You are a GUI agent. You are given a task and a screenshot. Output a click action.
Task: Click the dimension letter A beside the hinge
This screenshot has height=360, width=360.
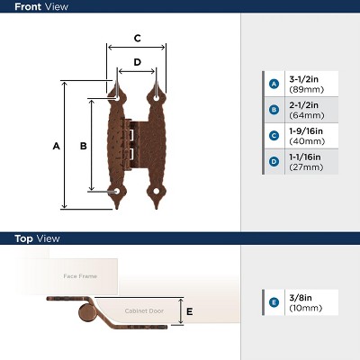click(x=57, y=146)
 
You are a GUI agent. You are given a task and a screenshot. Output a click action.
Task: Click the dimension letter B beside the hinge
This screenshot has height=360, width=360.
click(x=84, y=146)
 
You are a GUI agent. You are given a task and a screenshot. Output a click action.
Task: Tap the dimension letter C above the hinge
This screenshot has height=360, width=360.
click(x=137, y=39)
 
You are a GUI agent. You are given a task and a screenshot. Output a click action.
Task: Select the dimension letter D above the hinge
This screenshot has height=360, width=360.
click(x=137, y=62)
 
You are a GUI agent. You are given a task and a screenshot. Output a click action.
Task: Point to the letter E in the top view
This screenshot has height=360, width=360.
click(x=189, y=311)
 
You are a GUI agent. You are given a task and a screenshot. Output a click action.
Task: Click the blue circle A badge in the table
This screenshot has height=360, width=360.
click(x=274, y=84)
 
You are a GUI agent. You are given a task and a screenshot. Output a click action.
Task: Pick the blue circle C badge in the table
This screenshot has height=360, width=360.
click(x=274, y=136)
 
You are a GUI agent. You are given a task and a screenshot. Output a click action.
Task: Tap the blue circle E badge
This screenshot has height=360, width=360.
click(x=274, y=302)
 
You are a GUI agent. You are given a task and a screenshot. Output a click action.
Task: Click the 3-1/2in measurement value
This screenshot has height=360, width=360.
click(x=304, y=79)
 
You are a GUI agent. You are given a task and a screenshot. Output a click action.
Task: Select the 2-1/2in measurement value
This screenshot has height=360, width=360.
click(x=304, y=105)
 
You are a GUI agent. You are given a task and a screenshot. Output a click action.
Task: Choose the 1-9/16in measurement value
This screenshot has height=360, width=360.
click(x=306, y=131)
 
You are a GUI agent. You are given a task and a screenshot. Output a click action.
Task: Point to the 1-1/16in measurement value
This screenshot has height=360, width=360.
click(x=305, y=157)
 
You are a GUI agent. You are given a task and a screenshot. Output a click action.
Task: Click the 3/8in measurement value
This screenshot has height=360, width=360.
click(x=301, y=298)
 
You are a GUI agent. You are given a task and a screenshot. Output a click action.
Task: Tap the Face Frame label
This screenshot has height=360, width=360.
click(x=80, y=276)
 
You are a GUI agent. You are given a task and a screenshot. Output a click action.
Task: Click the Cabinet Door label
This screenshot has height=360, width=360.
click(x=144, y=311)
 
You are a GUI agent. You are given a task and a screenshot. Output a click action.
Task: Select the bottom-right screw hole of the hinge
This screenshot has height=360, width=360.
click(x=156, y=191)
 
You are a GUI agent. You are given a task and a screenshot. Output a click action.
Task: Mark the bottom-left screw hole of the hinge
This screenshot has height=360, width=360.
click(x=116, y=191)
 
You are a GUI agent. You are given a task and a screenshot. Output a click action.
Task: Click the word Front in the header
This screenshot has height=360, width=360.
click(x=28, y=6)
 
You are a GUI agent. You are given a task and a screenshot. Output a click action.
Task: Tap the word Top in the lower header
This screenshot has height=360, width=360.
click(x=23, y=238)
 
